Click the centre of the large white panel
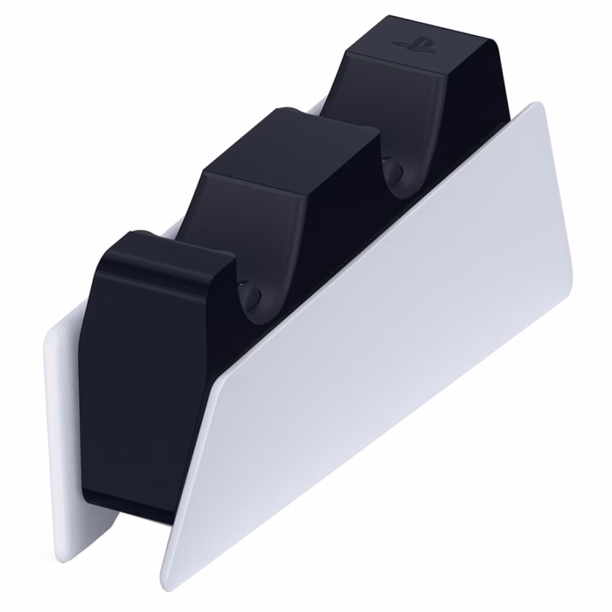coord(382,352)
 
